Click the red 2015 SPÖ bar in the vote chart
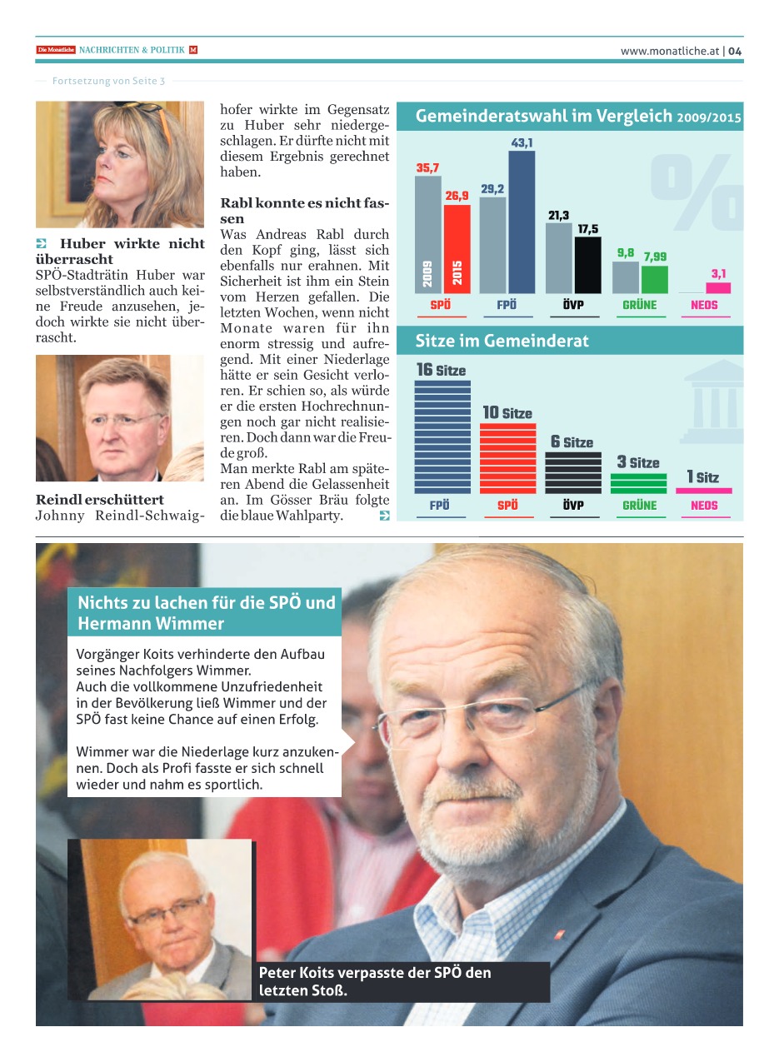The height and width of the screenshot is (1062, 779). [x=457, y=249]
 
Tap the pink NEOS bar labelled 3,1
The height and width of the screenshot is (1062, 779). [x=718, y=287]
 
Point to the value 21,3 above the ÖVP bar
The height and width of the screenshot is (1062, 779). [x=558, y=216]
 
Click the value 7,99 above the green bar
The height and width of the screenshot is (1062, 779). [x=655, y=257]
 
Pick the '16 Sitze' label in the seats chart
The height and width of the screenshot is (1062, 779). [x=442, y=370]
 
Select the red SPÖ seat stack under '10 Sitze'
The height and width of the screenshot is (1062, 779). [x=507, y=458]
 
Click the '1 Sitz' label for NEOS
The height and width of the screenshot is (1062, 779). [x=702, y=477]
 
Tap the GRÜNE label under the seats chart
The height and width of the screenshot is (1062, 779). [x=640, y=505]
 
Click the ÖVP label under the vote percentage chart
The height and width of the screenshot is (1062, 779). [x=573, y=305]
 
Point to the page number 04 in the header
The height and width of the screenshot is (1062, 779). [x=735, y=51]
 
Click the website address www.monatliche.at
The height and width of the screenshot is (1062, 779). [x=670, y=51]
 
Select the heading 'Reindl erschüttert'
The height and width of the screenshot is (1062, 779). [x=100, y=500]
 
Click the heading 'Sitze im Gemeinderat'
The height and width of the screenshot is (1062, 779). [x=502, y=341]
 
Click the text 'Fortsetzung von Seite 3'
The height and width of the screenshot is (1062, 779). [x=108, y=81]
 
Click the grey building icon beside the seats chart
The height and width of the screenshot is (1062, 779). [x=713, y=403]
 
